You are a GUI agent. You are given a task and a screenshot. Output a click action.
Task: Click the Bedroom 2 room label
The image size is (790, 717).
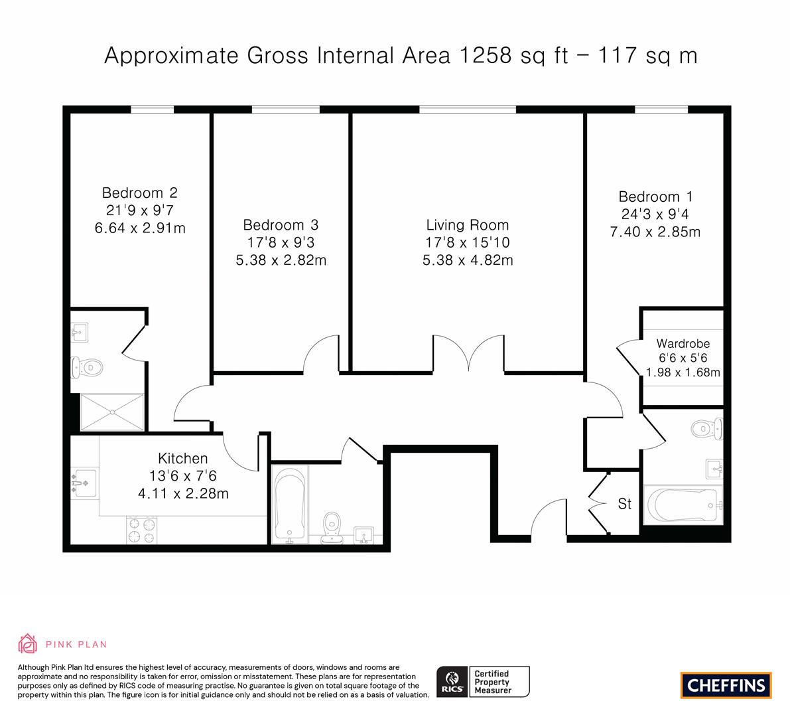pos(139,193)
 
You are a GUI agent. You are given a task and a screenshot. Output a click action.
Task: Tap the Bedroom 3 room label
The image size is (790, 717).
pos(281,225)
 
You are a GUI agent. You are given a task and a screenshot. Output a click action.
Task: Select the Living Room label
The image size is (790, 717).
pos(468,225)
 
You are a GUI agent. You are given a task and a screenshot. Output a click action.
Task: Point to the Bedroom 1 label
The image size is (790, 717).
pos(655,197)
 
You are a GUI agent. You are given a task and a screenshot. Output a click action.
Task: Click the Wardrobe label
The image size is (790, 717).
pos(683,344)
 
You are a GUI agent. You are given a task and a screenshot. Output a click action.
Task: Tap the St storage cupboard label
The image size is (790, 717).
pos(625,504)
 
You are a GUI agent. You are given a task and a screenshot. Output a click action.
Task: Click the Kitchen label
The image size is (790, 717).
pos(183,458)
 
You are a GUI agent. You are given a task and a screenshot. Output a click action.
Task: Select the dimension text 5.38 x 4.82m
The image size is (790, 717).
pos(468,260)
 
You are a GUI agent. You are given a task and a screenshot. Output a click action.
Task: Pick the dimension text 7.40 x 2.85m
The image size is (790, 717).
pos(655,232)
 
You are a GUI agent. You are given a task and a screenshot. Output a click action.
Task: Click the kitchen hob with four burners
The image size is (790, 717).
pos(142,530)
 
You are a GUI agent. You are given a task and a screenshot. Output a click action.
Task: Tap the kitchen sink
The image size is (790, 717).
pos(84,483)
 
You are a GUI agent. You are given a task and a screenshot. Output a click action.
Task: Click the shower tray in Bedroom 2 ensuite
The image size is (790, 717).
pos(112,412)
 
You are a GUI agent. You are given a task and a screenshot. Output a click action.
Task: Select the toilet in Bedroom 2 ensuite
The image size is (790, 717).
pos(87,367)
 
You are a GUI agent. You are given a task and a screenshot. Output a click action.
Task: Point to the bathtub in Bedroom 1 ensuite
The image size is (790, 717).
pos(683,505)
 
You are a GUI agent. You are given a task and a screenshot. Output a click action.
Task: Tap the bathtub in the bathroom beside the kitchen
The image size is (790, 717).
pos(290,505)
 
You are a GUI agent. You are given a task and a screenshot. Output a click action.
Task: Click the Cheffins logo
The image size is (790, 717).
pos(726,685)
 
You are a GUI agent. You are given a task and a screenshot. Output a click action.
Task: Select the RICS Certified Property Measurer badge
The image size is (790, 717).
pos(483,682)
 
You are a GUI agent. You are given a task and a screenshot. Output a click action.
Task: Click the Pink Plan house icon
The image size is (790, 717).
pos(28,644)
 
